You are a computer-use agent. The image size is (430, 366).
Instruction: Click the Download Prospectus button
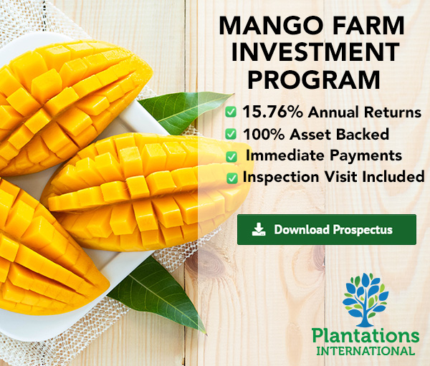point(327,229)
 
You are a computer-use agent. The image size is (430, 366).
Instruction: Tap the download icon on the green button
point(259,229)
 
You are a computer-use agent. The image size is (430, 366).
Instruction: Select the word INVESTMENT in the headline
point(315,52)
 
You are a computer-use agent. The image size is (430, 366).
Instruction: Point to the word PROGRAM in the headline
point(314,80)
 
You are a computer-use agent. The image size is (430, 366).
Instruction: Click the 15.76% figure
point(272,112)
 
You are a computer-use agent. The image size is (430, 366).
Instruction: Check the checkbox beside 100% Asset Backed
point(231,134)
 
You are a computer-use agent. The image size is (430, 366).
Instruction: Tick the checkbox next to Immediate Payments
point(231,157)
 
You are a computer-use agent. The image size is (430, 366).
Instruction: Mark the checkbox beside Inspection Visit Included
point(232,178)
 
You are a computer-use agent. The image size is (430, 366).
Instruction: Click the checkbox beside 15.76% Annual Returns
point(231,112)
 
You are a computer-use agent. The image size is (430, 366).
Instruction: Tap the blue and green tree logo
point(365,300)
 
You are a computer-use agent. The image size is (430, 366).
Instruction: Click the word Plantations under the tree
point(365,336)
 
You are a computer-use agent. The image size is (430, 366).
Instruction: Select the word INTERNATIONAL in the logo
point(365,351)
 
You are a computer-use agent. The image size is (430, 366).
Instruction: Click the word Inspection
point(281,177)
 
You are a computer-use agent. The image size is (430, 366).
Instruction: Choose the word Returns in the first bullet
point(393,112)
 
